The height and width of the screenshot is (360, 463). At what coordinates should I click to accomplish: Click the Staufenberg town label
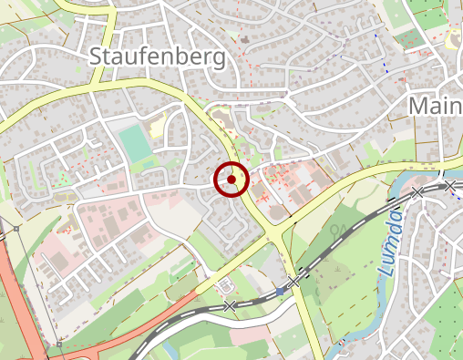click(x=158, y=57)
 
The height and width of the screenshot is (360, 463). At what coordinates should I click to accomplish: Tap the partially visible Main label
click(x=436, y=106)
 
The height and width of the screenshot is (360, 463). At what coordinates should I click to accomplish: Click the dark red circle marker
click(x=231, y=180)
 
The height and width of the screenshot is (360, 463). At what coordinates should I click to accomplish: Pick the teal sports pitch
click(x=134, y=144)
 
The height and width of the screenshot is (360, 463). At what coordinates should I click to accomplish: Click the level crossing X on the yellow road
click(x=294, y=283)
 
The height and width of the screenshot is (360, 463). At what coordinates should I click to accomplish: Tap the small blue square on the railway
click(x=279, y=290)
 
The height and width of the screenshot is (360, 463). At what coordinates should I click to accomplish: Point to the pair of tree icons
click(x=340, y=230)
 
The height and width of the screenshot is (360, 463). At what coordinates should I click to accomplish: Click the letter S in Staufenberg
click(x=96, y=57)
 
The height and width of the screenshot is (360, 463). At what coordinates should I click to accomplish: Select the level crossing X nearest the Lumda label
click(x=417, y=192)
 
